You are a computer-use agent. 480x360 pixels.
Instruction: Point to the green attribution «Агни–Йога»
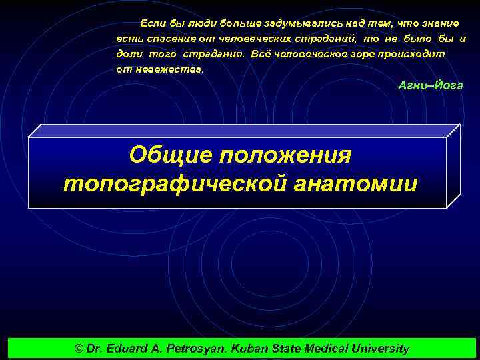tap(430, 86)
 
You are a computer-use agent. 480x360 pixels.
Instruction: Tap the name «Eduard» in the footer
tap(131, 349)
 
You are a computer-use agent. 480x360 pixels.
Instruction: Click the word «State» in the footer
tap(286, 349)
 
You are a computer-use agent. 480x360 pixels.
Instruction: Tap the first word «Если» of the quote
tap(151, 23)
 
